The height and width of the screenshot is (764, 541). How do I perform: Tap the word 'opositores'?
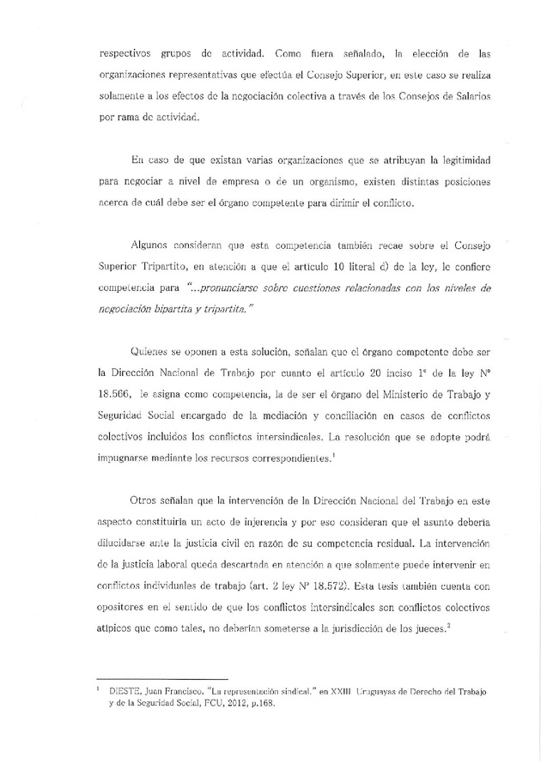[x=129, y=607]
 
